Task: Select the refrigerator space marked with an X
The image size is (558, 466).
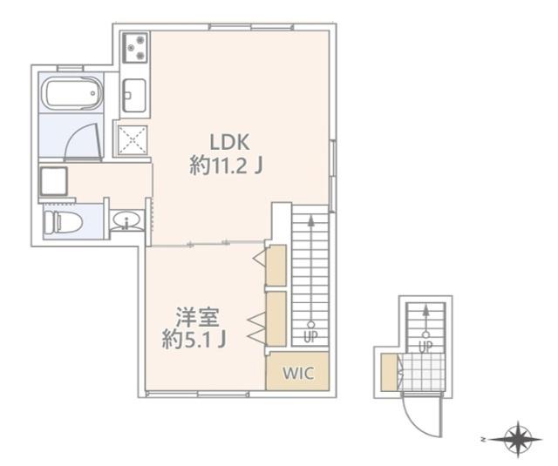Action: pyautogui.click(x=134, y=138)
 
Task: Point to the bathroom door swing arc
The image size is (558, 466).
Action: pyautogui.click(x=85, y=138)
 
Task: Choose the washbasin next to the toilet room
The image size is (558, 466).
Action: pyautogui.click(x=127, y=221)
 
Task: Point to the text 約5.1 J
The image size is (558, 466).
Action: pyautogui.click(x=195, y=340)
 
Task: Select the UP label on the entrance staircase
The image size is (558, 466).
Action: pyautogui.click(x=425, y=346)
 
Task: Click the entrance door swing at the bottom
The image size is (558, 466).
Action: pyautogui.click(x=417, y=415)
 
